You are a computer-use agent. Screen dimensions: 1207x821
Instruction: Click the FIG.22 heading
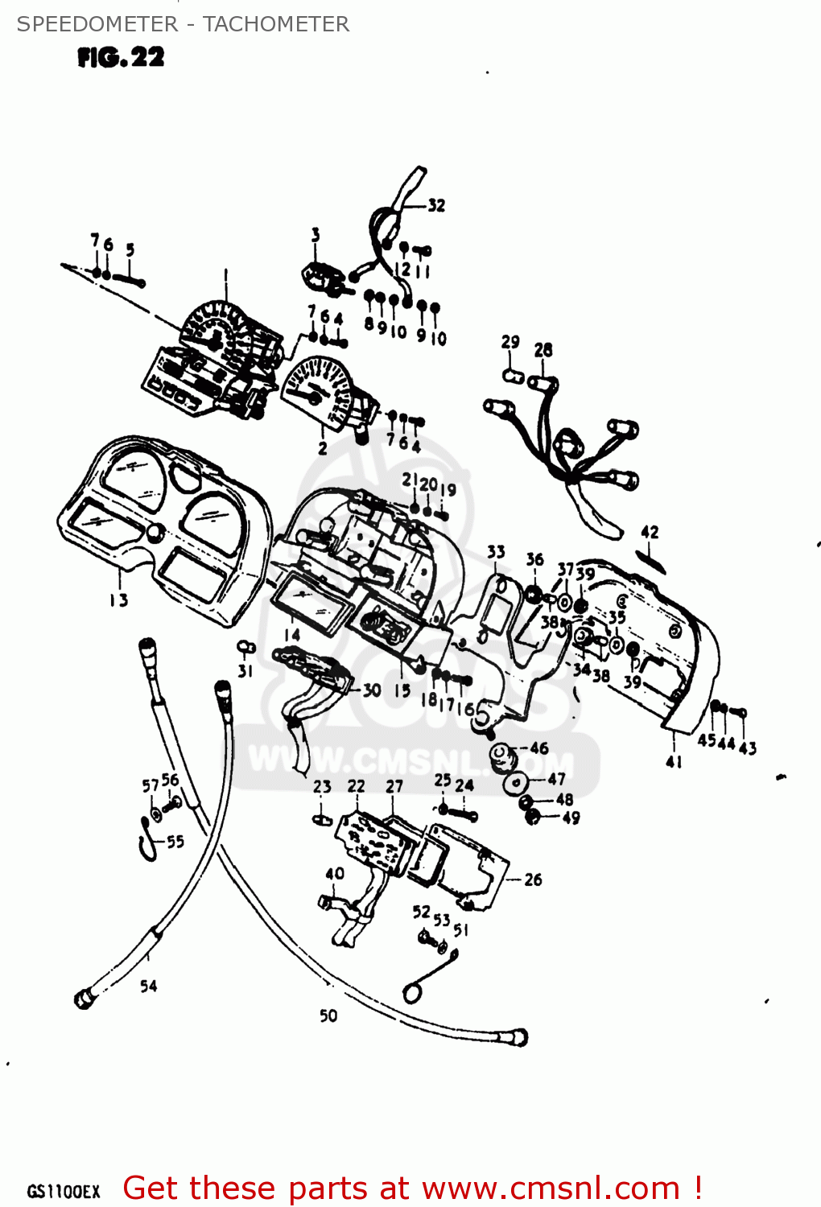tap(121, 57)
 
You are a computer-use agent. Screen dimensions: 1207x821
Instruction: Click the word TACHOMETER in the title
tap(275, 24)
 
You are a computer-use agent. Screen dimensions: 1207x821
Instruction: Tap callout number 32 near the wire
tap(436, 206)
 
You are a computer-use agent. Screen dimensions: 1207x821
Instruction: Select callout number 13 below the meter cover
tap(118, 599)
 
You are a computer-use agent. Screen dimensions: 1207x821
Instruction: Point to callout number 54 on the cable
tap(149, 986)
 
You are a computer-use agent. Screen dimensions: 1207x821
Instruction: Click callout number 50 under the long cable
tap(328, 1015)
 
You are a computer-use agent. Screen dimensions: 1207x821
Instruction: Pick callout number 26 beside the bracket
tap(533, 880)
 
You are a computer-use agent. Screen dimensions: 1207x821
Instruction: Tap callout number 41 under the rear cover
tap(675, 761)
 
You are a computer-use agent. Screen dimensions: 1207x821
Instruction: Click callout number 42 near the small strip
tap(650, 532)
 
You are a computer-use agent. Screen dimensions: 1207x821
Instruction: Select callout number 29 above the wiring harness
tap(510, 342)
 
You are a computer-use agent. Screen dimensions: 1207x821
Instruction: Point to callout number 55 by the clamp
tap(175, 842)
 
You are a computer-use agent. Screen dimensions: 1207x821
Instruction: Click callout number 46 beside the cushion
tap(539, 748)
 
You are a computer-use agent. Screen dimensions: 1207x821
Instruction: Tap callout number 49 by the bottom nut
tap(571, 818)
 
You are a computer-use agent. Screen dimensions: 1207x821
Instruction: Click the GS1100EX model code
tap(64, 1192)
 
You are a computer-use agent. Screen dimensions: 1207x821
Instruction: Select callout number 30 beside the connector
tap(371, 690)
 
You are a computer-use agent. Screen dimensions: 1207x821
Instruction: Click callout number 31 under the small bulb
tap(245, 670)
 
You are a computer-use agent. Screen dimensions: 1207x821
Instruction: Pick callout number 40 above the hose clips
tap(335, 874)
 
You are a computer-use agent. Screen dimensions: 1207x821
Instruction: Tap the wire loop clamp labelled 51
tap(412, 992)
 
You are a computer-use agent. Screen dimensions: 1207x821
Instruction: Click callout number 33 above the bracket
tap(496, 551)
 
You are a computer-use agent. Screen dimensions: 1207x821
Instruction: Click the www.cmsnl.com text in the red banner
tap(551, 1188)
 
